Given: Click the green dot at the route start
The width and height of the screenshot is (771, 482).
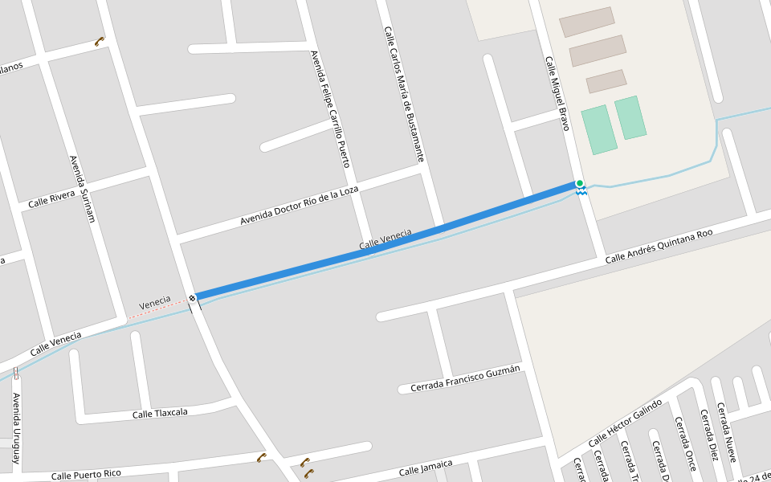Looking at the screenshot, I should click(580, 184).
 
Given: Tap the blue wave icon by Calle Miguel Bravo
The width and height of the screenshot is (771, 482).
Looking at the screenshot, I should click(581, 192).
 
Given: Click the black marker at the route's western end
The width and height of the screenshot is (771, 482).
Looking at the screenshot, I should click(193, 299).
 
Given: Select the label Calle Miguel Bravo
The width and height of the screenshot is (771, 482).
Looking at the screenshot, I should click(557, 94).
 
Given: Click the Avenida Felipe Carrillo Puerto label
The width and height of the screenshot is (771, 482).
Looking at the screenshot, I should click(331, 108).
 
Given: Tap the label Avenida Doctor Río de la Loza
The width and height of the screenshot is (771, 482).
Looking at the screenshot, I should click(300, 205).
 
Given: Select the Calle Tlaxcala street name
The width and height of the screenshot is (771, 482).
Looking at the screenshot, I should click(160, 413).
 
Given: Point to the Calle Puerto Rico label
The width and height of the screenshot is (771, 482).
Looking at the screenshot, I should click(85, 474).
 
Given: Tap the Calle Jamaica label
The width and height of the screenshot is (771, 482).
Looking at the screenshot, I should click(426, 467).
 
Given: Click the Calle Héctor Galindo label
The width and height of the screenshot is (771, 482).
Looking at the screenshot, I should click(626, 423).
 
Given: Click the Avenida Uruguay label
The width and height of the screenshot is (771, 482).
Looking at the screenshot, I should click(15, 430).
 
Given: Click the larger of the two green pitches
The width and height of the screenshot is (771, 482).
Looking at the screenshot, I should click(599, 129).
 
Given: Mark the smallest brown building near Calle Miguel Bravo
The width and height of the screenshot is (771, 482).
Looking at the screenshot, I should click(606, 81).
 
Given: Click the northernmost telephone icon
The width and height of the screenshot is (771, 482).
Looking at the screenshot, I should click(100, 41).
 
